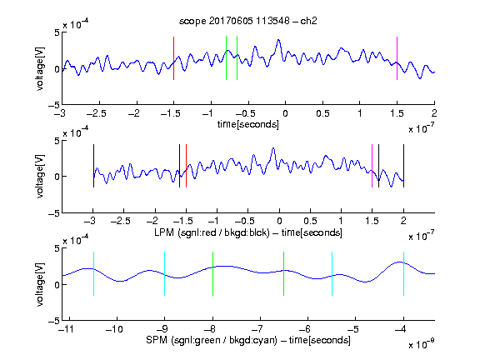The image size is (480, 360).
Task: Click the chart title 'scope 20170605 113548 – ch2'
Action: point(248,21)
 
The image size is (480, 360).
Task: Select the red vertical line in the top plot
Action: point(173,58)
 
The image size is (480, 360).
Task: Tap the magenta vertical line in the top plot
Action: point(397,58)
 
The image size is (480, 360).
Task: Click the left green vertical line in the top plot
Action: point(226,57)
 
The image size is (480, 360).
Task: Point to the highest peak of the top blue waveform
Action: point(278,40)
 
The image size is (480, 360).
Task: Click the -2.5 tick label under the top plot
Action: point(96,113)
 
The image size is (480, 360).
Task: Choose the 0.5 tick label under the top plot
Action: point(322,113)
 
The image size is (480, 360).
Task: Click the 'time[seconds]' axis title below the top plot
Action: point(248,124)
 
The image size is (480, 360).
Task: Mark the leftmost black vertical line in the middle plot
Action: point(93,166)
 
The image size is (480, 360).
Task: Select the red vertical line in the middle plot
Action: point(186,166)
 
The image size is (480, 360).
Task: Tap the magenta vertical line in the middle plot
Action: point(372,166)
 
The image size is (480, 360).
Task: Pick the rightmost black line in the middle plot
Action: point(403,166)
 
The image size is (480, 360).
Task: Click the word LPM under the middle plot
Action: point(164,232)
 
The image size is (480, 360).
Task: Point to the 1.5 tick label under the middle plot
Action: point(372,221)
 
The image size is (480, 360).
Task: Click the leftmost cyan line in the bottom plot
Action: point(93,273)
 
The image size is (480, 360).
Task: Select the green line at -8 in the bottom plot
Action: point(212,273)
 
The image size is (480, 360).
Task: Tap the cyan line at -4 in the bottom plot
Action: point(403,273)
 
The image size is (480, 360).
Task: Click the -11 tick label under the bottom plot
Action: point(67,329)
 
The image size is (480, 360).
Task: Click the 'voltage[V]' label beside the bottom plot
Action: point(40,284)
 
